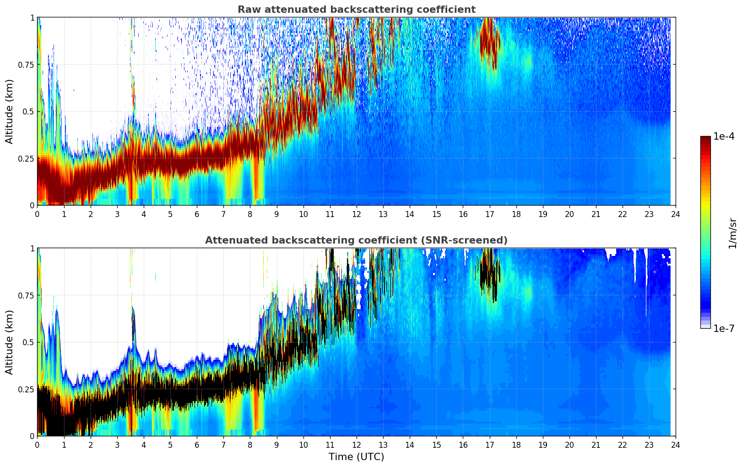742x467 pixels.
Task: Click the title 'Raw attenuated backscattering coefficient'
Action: pos(356,10)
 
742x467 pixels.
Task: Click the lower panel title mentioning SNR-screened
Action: pos(356,240)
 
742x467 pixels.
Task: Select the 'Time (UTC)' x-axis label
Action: pos(356,457)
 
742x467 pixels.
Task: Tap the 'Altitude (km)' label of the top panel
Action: pos(10,111)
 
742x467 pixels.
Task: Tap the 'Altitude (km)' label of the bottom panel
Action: pos(10,342)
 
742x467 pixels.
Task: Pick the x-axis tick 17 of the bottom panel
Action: pos(489,445)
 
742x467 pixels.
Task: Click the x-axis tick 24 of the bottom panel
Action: pos(676,445)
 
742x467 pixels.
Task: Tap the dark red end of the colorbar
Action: pos(705,140)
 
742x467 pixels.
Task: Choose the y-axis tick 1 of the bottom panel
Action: pos(32,248)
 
